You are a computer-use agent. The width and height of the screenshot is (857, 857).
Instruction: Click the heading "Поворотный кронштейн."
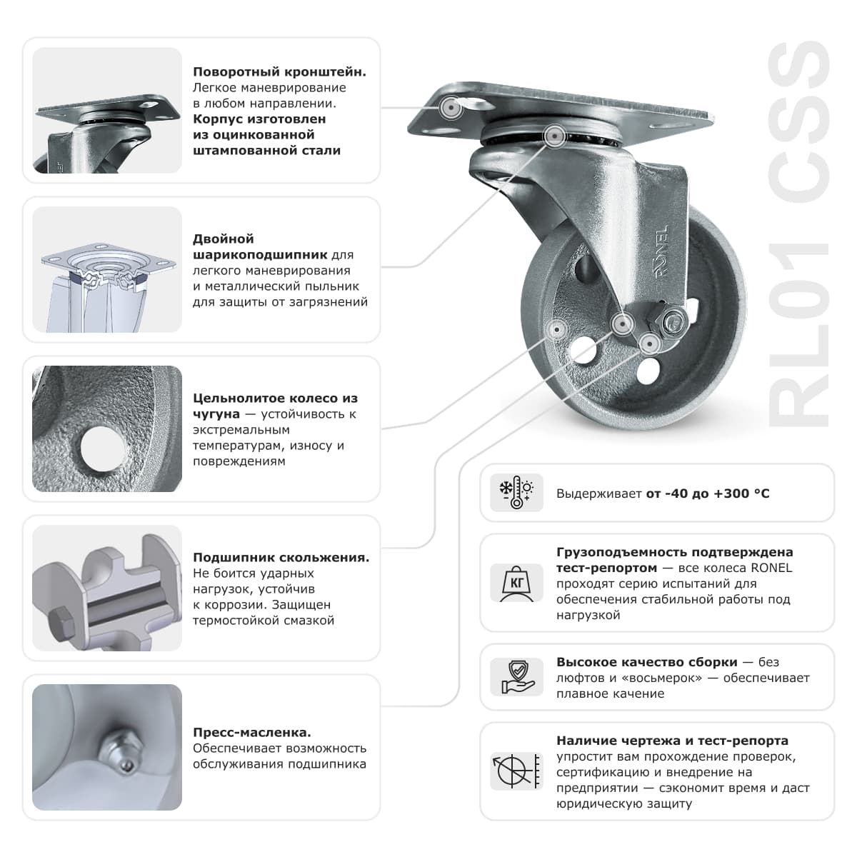click(x=279, y=72)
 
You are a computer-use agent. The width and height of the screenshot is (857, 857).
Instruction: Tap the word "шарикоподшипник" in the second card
click(x=260, y=255)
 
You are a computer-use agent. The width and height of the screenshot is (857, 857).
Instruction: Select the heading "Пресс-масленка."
click(x=251, y=733)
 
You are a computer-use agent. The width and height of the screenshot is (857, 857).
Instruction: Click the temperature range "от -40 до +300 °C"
click(x=708, y=493)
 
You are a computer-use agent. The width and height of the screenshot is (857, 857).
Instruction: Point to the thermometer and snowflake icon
click(x=516, y=493)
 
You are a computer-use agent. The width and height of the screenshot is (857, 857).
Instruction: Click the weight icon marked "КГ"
click(x=516, y=583)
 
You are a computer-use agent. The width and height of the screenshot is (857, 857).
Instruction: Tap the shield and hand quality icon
click(x=516, y=677)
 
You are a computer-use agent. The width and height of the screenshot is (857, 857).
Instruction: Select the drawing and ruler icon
click(x=516, y=771)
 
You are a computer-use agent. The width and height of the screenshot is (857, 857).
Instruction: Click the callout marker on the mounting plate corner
click(x=451, y=108)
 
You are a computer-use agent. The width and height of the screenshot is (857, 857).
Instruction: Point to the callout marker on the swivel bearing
click(x=554, y=135)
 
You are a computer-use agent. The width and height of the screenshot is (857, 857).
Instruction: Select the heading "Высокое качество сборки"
click(x=646, y=662)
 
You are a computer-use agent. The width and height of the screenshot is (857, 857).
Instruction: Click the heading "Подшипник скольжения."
click(x=281, y=558)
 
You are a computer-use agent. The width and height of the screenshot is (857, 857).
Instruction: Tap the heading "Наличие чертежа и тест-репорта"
click(x=672, y=741)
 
